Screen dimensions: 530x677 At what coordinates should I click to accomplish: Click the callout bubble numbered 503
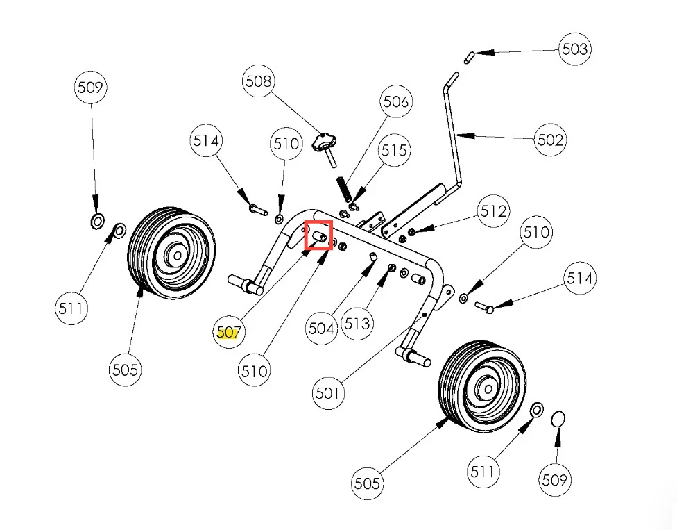point(574,49)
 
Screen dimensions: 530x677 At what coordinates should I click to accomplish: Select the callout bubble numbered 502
point(551,140)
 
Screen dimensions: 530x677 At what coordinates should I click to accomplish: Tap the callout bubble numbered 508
point(258,81)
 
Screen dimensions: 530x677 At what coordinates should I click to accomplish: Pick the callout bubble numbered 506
point(395,102)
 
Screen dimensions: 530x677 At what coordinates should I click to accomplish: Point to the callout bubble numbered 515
point(394,150)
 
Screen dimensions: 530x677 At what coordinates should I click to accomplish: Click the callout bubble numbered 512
point(493,210)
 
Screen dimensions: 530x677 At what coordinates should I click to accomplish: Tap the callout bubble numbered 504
point(321,328)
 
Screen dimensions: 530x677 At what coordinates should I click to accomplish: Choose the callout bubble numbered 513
point(358,324)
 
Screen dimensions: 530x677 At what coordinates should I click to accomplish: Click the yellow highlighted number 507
point(228,333)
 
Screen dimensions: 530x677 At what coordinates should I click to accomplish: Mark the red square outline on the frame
point(319,235)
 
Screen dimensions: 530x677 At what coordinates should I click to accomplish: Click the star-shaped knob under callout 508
point(323,143)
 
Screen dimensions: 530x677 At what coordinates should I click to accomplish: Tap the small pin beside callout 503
point(470,56)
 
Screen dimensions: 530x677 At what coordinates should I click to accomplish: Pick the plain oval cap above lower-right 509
point(558,420)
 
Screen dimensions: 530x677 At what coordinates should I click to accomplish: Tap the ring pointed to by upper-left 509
point(97,222)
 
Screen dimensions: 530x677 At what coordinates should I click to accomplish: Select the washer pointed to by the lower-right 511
point(536,410)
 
